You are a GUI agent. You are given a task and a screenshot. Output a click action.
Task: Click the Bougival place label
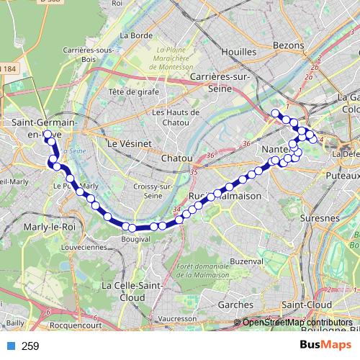pos(135,238)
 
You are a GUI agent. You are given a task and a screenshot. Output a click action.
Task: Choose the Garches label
pos(230,305)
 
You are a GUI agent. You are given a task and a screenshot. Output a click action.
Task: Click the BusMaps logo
pos(325,346)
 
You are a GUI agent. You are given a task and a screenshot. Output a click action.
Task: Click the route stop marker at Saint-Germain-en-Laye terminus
pos(48,135)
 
